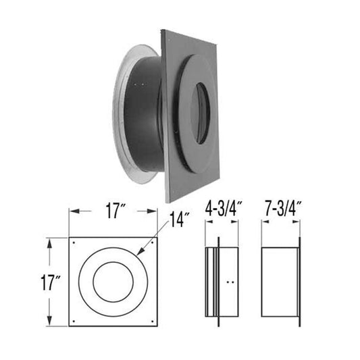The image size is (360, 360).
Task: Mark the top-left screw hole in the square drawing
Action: pyautogui.click(x=73, y=242)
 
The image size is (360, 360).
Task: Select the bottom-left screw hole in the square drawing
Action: pyautogui.click(x=73, y=320)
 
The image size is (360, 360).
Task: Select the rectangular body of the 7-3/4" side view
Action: pyautogui.click(x=278, y=280)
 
